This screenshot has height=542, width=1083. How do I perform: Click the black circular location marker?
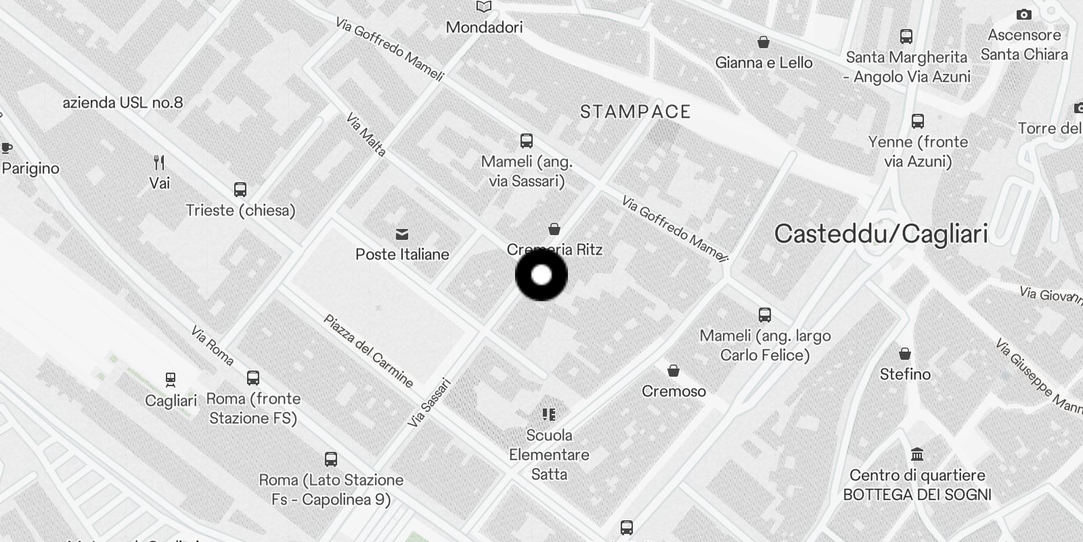click(x=541, y=275)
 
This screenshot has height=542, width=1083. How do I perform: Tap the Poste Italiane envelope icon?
click(x=402, y=234)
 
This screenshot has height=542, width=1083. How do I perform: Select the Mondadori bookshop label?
click(x=484, y=27)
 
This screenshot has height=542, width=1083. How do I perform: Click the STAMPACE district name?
click(x=635, y=112)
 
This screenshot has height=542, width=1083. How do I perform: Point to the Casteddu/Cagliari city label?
click(x=881, y=234)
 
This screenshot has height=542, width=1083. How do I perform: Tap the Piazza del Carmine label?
click(x=368, y=350)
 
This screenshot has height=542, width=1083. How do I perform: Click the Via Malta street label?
click(x=366, y=135)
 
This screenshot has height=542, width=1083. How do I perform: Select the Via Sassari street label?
click(x=429, y=402)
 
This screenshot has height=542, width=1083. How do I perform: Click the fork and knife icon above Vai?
click(x=159, y=163)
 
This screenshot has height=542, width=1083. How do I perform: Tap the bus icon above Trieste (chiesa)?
click(x=240, y=190)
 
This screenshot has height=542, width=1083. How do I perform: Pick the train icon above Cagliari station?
click(x=171, y=379)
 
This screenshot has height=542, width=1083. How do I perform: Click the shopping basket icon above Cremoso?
click(x=673, y=371)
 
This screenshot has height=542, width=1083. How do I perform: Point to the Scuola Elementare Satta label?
click(x=549, y=455)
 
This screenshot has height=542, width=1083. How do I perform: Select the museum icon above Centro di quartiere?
click(x=917, y=454)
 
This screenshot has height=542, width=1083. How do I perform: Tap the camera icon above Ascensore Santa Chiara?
click(x=1023, y=14)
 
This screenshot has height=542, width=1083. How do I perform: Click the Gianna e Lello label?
click(x=764, y=62)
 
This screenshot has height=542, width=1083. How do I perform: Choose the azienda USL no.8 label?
click(x=123, y=103)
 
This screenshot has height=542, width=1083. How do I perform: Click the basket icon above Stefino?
click(x=905, y=354)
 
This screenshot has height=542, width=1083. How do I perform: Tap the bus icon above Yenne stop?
click(x=918, y=121)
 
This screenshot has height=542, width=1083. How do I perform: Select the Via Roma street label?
click(x=212, y=346)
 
